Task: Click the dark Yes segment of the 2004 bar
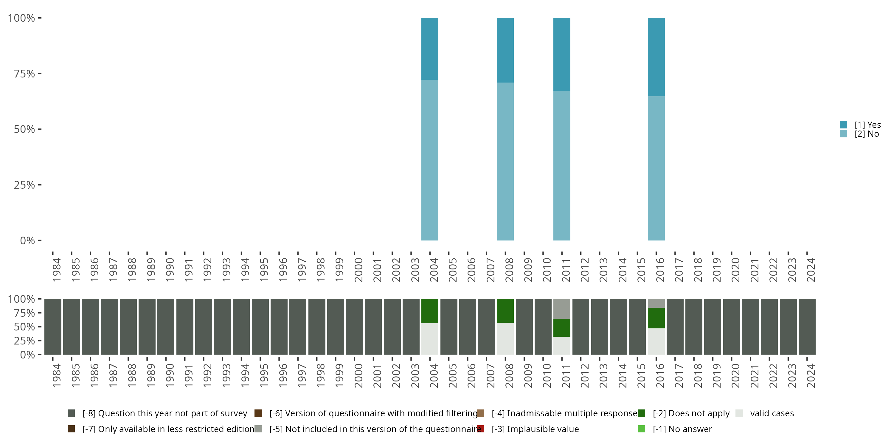(x=430, y=49)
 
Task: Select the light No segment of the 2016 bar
(x=656, y=168)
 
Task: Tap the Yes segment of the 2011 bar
(x=561, y=54)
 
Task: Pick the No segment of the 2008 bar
(x=505, y=162)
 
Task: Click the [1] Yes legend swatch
(x=843, y=125)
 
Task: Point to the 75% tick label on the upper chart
(x=24, y=74)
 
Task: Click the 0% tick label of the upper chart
(x=27, y=240)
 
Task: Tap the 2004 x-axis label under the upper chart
(x=434, y=270)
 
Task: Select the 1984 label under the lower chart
(x=57, y=375)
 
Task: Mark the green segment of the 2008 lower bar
(x=505, y=311)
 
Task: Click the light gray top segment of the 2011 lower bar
(x=561, y=308)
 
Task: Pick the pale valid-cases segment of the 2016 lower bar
(x=656, y=341)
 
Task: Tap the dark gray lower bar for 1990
(x=166, y=327)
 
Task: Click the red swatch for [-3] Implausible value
(x=480, y=429)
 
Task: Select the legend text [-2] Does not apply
(x=691, y=413)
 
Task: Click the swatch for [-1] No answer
(x=641, y=429)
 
